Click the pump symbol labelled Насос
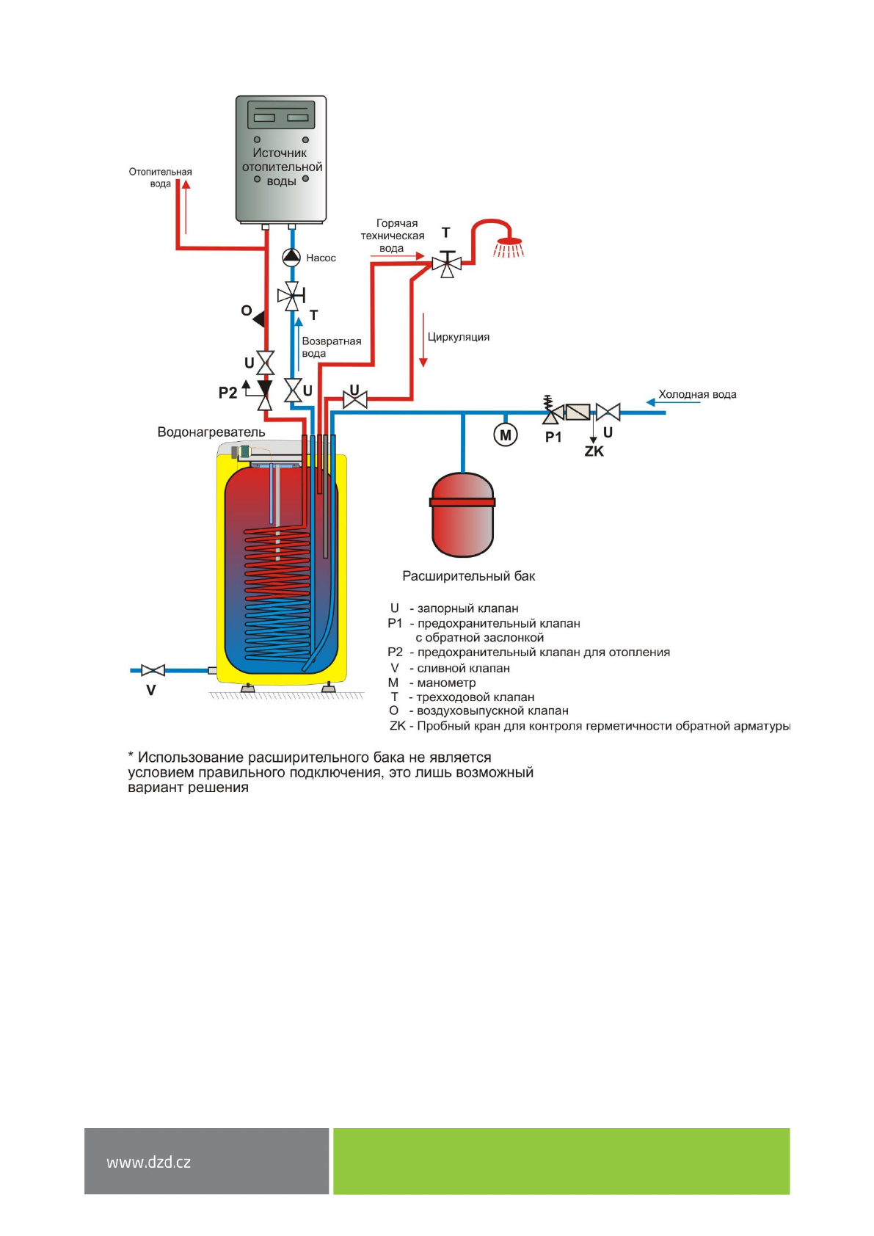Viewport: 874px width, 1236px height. coord(291,257)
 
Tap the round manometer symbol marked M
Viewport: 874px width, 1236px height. coord(505,435)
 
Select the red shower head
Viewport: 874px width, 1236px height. coord(509,244)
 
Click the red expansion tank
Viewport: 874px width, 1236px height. coord(462,515)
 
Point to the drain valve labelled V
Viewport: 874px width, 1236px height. coord(153,670)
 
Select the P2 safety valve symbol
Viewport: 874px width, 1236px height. coord(264,394)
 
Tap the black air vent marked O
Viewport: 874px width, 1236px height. coord(258,319)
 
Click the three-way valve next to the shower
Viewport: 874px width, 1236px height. coord(446,263)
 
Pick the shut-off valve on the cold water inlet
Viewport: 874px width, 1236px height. coord(608,412)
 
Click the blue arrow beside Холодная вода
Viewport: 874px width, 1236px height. coord(650,401)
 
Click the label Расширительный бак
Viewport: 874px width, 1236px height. coord(468,576)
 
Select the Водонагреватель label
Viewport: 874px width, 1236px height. coord(211,432)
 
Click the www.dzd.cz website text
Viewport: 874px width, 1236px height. coord(148,1163)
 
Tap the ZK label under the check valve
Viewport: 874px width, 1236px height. coord(594,451)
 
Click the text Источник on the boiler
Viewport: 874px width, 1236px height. coord(280,153)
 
